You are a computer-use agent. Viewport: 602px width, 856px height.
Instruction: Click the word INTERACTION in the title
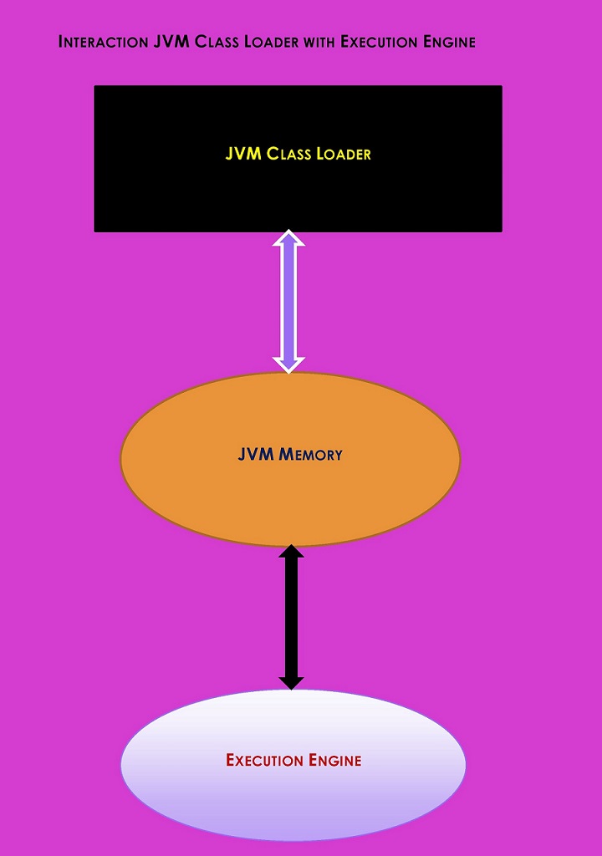click(104, 42)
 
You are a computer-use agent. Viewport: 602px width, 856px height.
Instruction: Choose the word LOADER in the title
click(271, 42)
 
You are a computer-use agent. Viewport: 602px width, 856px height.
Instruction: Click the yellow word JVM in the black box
click(243, 154)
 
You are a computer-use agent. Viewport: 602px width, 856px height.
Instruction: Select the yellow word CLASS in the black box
click(289, 154)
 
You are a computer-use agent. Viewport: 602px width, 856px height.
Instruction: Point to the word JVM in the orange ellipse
click(256, 455)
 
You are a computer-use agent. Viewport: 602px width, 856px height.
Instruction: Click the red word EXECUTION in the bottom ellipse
click(264, 760)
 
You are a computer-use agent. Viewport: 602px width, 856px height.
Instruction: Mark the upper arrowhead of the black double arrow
click(291, 552)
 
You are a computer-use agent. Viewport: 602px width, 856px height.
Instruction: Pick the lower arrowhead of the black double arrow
click(291, 682)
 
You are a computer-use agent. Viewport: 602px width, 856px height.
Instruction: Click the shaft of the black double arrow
click(291, 617)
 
